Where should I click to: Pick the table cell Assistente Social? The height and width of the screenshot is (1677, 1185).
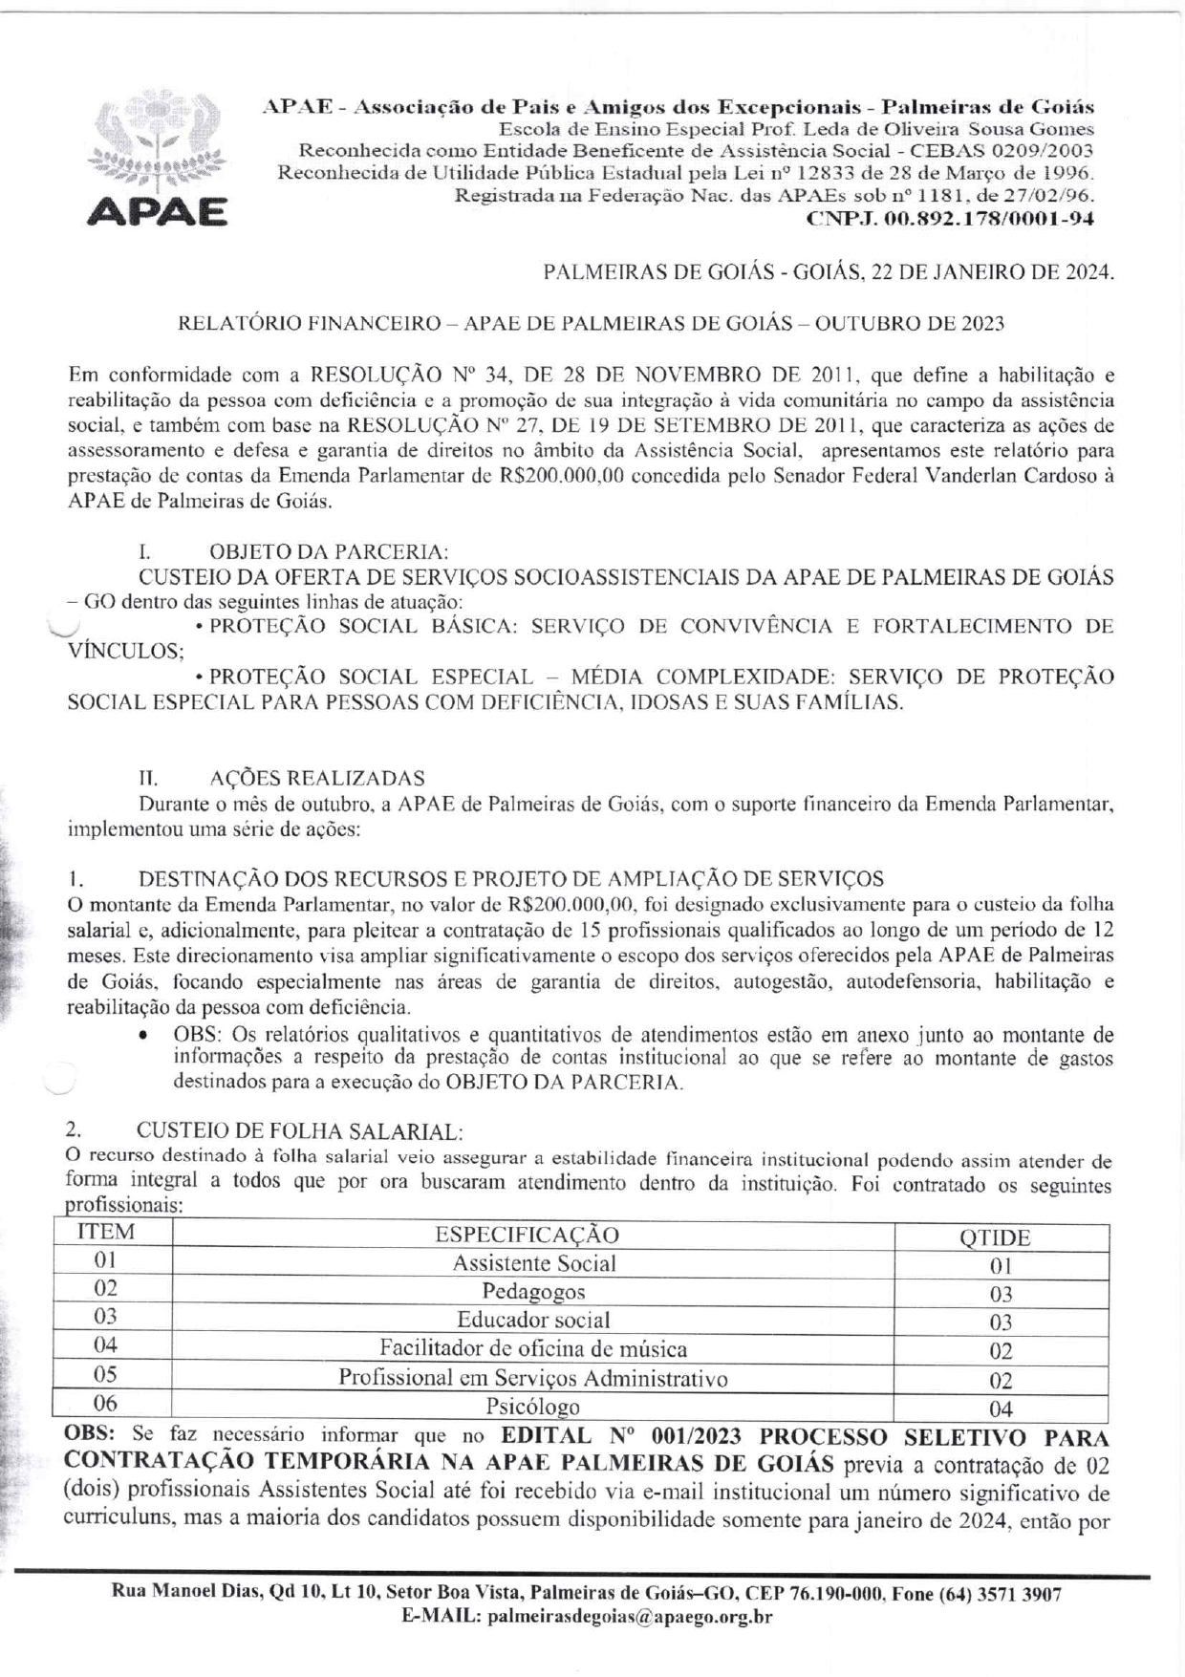[533, 1263]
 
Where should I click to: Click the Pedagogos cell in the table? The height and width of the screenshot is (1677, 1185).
[533, 1292]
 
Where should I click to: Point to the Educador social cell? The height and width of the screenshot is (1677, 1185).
[533, 1320]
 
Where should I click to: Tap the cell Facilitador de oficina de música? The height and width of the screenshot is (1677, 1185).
[533, 1348]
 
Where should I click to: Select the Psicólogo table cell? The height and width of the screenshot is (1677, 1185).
[533, 1407]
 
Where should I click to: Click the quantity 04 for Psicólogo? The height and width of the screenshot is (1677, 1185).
[1001, 1408]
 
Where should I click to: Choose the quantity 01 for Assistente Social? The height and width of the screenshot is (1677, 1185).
[1001, 1266]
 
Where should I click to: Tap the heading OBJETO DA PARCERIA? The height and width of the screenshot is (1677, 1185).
[328, 551]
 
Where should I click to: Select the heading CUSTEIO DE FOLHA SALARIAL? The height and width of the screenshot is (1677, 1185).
[299, 1131]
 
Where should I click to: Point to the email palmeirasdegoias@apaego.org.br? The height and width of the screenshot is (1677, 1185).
[630, 1617]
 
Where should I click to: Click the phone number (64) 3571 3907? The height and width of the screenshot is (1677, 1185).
[1001, 1594]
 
